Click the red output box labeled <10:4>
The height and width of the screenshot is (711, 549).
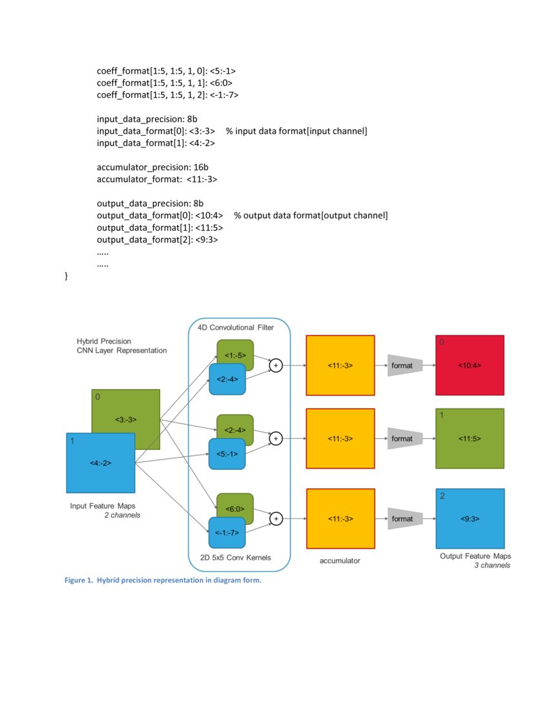(x=470, y=365)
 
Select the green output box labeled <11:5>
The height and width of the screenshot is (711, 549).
(x=470, y=438)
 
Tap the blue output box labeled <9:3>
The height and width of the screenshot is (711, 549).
(x=470, y=518)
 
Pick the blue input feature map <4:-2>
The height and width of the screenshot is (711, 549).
(x=100, y=463)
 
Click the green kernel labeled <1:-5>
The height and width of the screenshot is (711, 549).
(x=235, y=355)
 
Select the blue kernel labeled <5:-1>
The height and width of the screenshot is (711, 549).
(x=227, y=454)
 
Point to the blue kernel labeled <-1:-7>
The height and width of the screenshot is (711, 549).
(x=227, y=533)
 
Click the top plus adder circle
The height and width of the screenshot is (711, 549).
(x=276, y=365)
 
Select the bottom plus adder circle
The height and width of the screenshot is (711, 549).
(x=276, y=518)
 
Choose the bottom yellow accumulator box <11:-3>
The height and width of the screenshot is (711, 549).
(x=340, y=518)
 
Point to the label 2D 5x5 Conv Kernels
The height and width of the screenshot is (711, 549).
(x=236, y=557)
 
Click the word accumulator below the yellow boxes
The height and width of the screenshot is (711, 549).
(x=340, y=560)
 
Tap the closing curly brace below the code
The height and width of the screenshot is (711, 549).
(x=67, y=276)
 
